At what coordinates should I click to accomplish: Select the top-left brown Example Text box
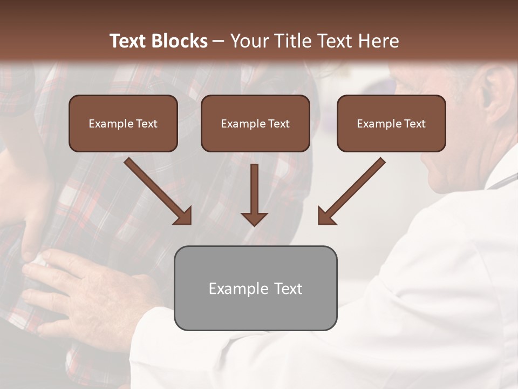click(x=123, y=123)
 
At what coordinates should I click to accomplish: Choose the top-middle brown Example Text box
click(x=255, y=123)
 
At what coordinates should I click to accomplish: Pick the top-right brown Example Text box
click(x=391, y=123)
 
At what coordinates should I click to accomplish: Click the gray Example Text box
click(x=255, y=288)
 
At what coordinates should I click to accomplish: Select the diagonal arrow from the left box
click(x=158, y=191)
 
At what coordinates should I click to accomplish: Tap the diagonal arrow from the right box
click(x=351, y=191)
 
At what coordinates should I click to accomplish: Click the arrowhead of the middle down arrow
click(x=254, y=218)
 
